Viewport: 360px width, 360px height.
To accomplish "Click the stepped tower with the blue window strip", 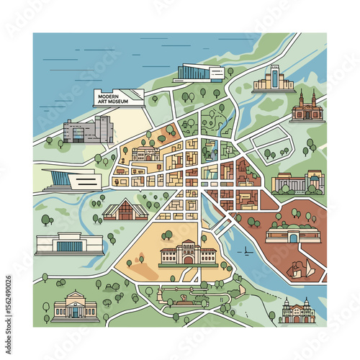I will [x=272, y=79].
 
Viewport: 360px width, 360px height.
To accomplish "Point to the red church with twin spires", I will [x=308, y=107].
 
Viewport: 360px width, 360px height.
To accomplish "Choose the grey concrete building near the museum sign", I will [x=88, y=131].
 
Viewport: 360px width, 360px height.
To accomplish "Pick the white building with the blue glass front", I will [x=67, y=243].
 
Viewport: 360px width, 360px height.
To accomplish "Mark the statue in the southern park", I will [x=186, y=297].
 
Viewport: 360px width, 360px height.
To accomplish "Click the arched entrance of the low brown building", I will [x=292, y=234].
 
